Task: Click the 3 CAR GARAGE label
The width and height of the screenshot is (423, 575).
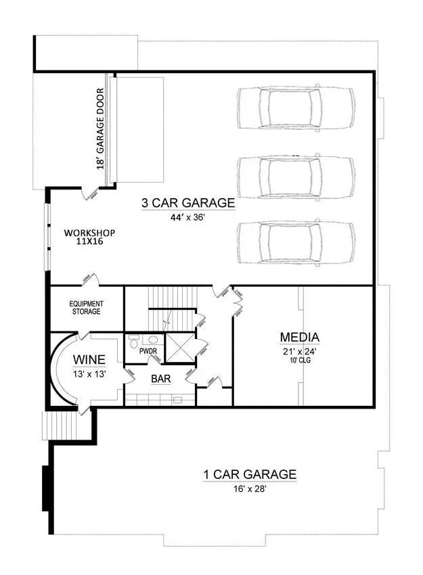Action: pos(187,202)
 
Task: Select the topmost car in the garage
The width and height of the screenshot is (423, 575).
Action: pos(296,107)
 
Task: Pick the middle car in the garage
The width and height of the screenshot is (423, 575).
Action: pos(296,177)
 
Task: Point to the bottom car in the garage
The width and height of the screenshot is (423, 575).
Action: pos(296,242)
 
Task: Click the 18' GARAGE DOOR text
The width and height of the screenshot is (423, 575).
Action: pos(100,128)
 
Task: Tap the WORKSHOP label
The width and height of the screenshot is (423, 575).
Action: pos(89,233)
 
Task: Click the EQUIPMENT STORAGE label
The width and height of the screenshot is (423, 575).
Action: pos(85,308)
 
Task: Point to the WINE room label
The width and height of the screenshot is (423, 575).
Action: pos(89,359)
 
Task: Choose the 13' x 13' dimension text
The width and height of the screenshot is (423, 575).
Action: pos(89,373)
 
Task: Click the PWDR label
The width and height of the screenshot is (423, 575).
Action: pos(148,352)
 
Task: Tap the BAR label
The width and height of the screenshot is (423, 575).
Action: pos(160,379)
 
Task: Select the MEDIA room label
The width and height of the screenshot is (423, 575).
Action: pos(300,337)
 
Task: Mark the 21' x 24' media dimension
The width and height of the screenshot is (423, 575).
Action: pos(300,351)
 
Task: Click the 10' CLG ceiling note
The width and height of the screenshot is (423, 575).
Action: pos(300,360)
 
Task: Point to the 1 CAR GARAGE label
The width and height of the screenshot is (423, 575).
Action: pos(250,474)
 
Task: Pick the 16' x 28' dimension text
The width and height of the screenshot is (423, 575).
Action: pos(250,489)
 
